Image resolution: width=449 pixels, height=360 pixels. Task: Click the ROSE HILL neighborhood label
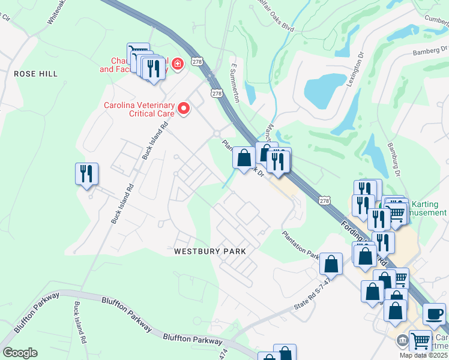[x=36, y=73]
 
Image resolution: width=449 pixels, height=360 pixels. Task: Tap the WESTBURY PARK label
[x=209, y=251]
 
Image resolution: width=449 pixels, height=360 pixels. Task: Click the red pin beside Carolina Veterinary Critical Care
[x=185, y=109]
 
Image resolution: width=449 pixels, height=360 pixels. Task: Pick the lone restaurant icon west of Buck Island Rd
[x=86, y=174]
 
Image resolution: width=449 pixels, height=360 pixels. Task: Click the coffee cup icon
[x=434, y=314]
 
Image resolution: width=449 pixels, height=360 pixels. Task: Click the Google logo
[x=20, y=353]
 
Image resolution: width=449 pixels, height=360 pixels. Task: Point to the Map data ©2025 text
[x=424, y=355]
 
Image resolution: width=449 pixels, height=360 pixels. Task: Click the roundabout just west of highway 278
[x=216, y=133]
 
